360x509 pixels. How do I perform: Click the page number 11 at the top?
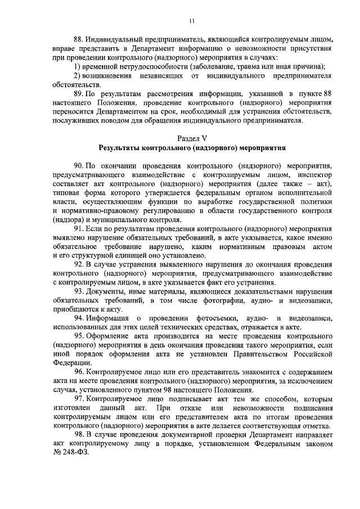[192, 21]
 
